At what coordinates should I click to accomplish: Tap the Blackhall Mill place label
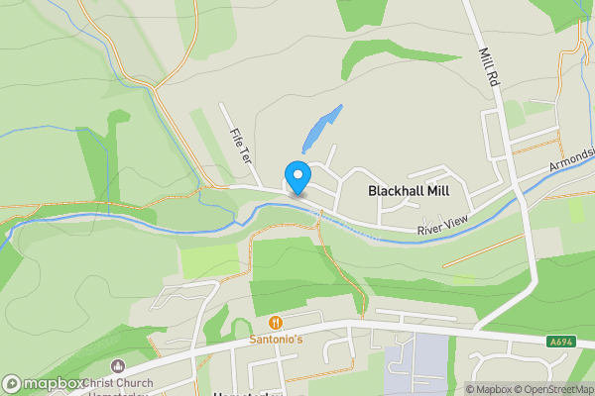click(x=410, y=189)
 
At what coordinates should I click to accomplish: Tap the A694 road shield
click(x=560, y=342)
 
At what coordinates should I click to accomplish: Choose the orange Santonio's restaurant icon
click(x=275, y=323)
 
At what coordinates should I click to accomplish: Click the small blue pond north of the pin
click(x=320, y=129)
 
